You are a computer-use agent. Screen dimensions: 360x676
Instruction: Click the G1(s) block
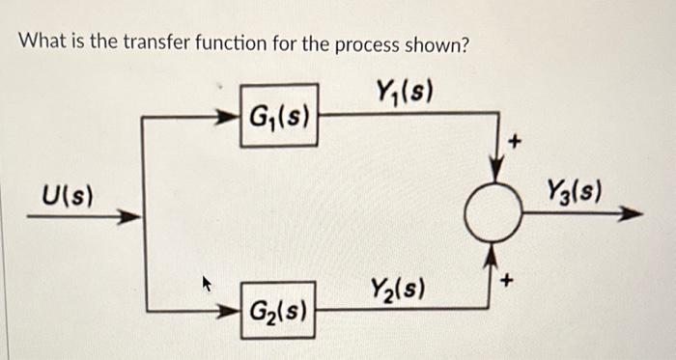[279, 117]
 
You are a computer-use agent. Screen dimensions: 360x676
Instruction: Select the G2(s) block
[278, 310]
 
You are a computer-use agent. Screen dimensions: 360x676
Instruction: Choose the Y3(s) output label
[574, 189]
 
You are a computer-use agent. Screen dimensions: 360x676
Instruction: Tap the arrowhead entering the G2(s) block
[232, 310]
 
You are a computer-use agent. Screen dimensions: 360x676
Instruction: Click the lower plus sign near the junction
[515, 281]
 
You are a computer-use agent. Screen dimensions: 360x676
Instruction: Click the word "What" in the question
[42, 43]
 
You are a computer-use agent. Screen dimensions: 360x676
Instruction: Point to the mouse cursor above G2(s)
[205, 283]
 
